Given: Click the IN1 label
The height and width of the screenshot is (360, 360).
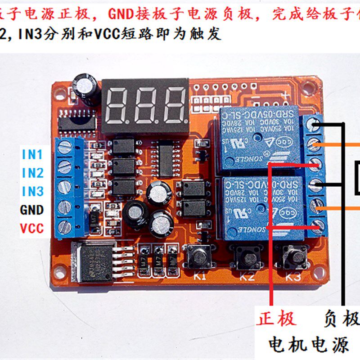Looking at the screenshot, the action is coord(33,155).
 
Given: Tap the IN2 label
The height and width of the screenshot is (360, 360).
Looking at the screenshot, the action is coord(33,173).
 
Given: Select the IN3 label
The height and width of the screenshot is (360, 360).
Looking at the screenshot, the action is coord(33,191).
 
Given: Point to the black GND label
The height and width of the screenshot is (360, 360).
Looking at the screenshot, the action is coord(32,210).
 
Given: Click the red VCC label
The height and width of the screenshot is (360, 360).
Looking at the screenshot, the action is coord(32,229).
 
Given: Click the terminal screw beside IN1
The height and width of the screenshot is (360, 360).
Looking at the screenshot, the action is coord(65,146).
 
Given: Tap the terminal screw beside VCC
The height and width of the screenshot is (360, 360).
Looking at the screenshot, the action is coord(65,226).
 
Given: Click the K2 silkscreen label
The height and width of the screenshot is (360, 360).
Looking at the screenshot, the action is coord(247,276).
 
